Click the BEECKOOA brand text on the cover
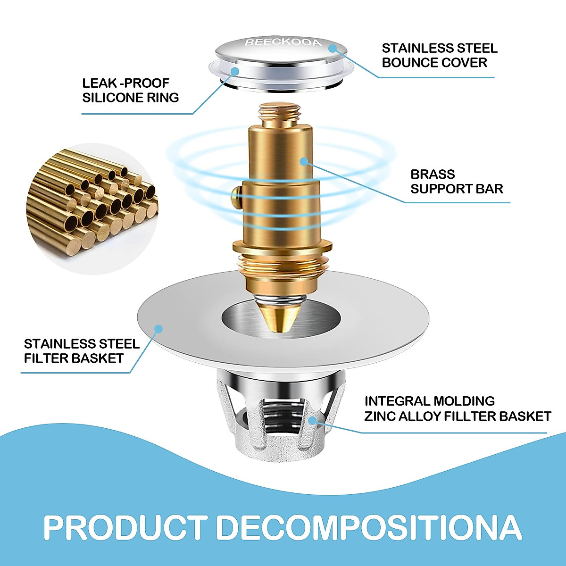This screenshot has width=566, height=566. (x=283, y=43)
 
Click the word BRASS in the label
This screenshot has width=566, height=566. (x=433, y=174)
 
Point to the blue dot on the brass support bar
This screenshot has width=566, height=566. (x=304, y=161)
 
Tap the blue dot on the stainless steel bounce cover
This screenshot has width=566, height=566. (x=333, y=48)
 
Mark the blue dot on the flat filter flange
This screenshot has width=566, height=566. (x=158, y=329)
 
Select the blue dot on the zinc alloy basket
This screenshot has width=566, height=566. (x=312, y=419)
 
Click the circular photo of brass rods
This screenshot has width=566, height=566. (x=90, y=208)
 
